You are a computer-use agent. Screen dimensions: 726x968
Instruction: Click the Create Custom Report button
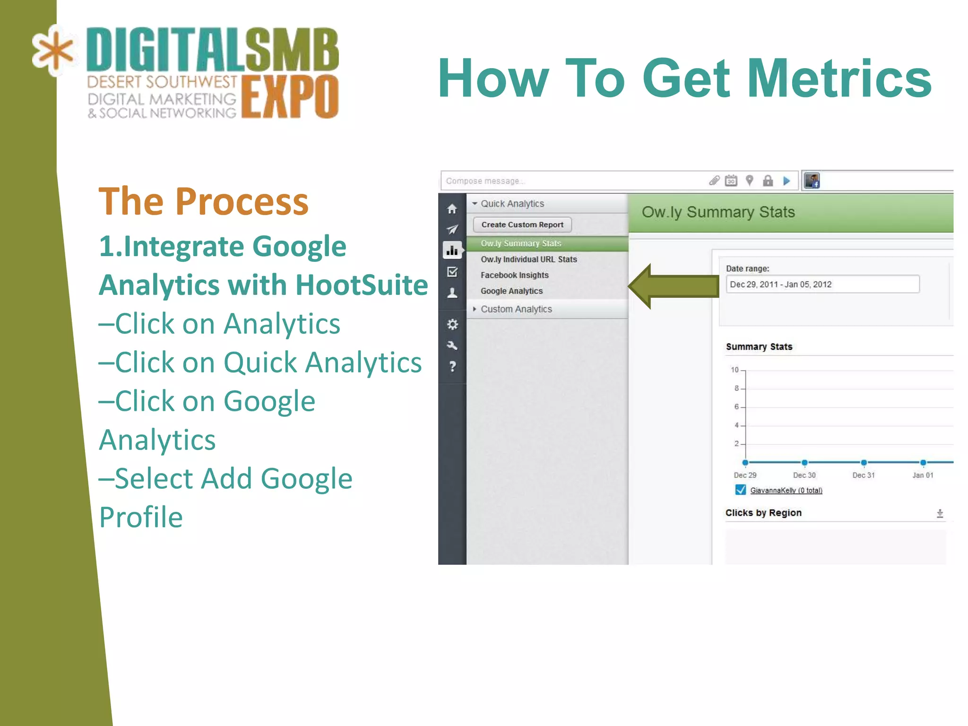pos(522,225)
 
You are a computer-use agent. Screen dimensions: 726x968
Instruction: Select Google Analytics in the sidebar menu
pos(511,291)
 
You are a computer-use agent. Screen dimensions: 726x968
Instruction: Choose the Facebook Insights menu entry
pos(514,275)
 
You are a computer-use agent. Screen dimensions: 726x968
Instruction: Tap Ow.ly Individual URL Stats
pos(528,259)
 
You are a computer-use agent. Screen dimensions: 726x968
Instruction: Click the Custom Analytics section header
pos(516,309)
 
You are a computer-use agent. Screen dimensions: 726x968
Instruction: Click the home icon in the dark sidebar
pos(452,209)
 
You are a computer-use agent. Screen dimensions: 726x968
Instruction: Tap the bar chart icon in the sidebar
pos(452,250)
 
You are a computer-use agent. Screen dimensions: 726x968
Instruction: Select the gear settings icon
pos(452,325)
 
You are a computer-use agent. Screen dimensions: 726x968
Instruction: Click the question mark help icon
pos(452,366)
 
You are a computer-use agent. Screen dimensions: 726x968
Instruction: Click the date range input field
pos(822,285)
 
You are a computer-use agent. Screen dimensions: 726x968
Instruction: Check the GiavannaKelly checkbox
pos(741,490)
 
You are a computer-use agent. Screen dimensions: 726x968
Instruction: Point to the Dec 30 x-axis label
pos(804,475)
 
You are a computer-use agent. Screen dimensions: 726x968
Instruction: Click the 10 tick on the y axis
pos(735,370)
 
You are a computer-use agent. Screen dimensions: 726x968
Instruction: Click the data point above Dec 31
pos(864,462)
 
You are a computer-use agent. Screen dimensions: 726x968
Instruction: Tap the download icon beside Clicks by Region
pos(940,513)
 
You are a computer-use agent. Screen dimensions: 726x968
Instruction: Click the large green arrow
pos(674,286)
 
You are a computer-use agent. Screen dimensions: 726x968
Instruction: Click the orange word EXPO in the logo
pos(290,97)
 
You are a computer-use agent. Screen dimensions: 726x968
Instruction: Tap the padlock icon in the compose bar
pos(768,181)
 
